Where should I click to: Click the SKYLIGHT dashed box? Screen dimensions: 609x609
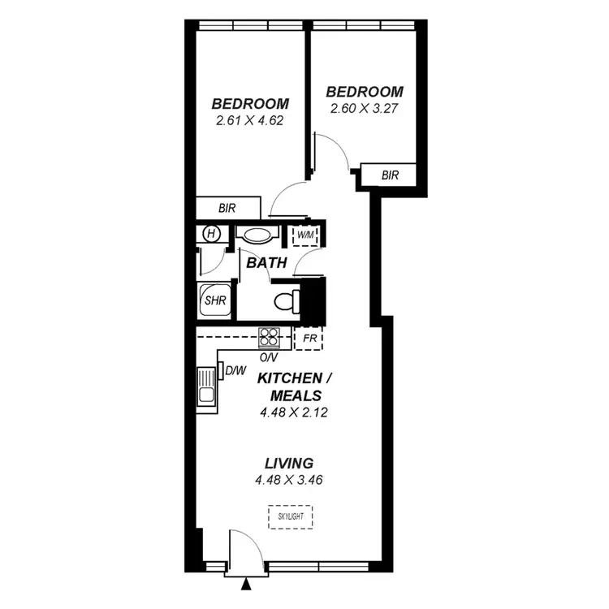point(290,516)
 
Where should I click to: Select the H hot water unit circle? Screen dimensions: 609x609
point(212,234)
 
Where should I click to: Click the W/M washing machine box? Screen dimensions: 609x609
point(306,235)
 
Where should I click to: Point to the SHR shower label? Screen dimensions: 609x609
point(214,300)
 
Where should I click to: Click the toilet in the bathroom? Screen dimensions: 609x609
point(284,301)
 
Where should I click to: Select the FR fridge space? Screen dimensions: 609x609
point(309,337)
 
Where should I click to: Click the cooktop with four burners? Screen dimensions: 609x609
point(269,336)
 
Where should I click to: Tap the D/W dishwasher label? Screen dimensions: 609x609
point(235,371)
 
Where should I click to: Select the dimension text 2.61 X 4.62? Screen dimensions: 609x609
point(251,120)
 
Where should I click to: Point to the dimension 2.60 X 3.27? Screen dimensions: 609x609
point(365,107)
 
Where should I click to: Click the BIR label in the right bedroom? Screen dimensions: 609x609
point(390,175)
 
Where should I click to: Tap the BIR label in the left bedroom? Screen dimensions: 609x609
point(227,208)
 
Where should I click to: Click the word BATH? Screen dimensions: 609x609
point(266,263)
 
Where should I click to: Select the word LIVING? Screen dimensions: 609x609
point(290,464)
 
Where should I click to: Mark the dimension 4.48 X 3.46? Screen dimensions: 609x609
point(290,480)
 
